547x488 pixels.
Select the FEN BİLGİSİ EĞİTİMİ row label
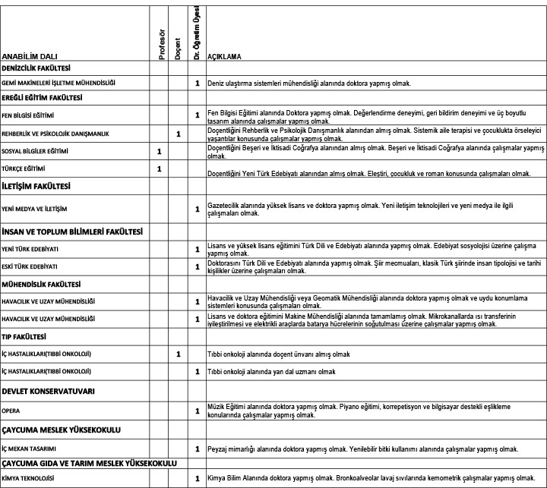tap(27, 116)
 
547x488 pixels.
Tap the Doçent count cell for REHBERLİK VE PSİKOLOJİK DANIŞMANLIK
tap(178, 134)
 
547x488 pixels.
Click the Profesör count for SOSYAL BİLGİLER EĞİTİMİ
tap(160, 151)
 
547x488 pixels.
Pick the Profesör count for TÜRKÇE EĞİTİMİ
tap(160, 168)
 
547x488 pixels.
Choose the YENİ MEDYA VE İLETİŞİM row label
tap(35, 208)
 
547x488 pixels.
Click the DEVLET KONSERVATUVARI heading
tap(48, 392)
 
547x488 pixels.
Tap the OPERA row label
tap(11, 410)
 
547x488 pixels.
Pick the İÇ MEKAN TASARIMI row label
tap(30, 449)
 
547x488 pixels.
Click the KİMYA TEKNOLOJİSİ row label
tap(28, 478)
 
